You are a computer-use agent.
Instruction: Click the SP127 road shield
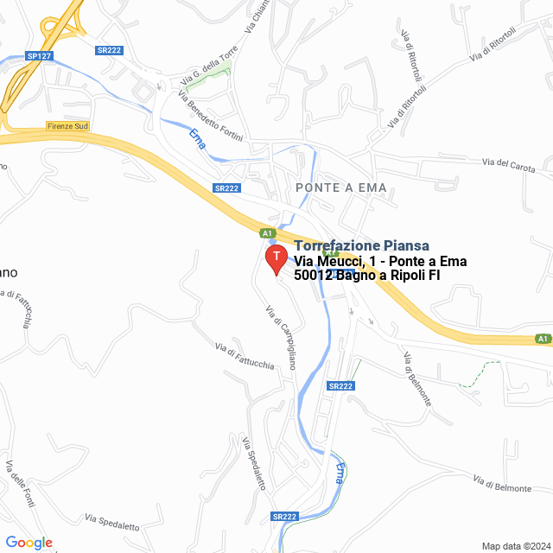pos(35,55)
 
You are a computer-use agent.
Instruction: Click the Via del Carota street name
pos(509,163)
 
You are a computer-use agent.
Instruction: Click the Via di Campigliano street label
pos(281,338)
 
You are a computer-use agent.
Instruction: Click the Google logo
pos(29,543)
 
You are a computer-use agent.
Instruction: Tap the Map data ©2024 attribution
pos(515,546)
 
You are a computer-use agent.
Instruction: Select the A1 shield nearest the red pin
pos(268,232)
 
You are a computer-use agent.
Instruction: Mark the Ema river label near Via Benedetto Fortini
pos(197,138)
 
